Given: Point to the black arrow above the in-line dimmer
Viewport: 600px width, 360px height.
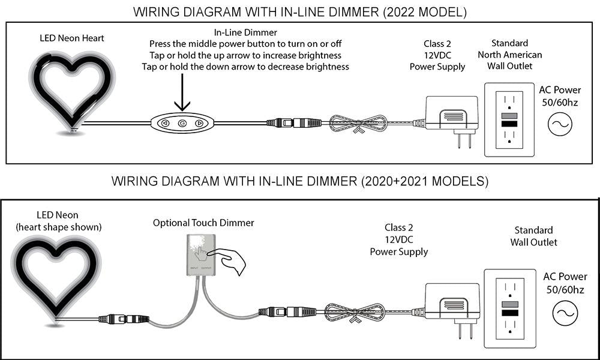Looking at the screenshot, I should click(x=183, y=94).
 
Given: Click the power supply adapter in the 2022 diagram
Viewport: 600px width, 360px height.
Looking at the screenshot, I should click(x=451, y=115).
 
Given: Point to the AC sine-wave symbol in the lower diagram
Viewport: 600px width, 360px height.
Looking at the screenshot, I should click(x=564, y=313).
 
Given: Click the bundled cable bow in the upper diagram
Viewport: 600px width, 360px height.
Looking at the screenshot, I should click(x=359, y=124).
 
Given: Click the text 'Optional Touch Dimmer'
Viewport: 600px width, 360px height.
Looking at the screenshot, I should click(x=203, y=223).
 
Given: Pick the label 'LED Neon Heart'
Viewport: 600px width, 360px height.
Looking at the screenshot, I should click(x=72, y=38).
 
